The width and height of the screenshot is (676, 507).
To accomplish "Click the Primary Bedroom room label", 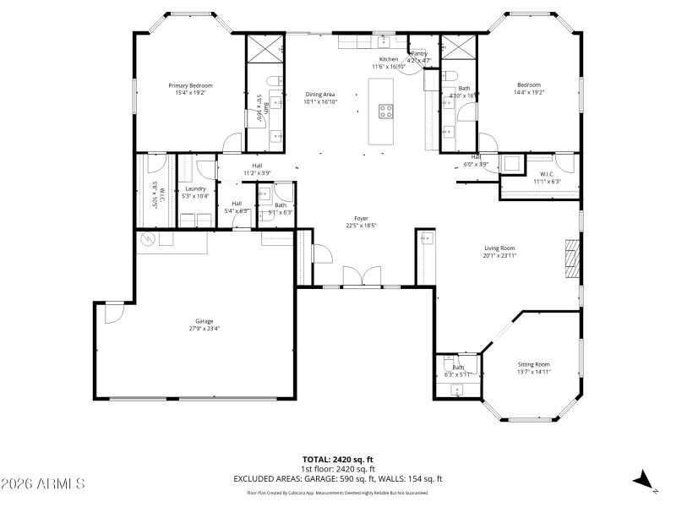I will click(190, 85).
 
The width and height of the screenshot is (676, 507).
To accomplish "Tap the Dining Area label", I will click(320, 94).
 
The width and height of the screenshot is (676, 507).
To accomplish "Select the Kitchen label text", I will click(388, 59).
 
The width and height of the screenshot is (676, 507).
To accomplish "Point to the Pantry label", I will click(419, 54).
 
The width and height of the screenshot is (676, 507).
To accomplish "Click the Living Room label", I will click(499, 248).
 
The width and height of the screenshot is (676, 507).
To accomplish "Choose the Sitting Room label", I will click(533, 364).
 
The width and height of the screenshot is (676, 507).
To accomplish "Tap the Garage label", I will click(204, 321).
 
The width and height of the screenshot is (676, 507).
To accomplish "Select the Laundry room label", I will click(196, 189).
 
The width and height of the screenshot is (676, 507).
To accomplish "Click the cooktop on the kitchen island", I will click(386, 108).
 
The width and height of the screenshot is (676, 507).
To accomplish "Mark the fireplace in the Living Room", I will click(574, 258).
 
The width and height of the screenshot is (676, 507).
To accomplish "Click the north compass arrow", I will click(643, 479).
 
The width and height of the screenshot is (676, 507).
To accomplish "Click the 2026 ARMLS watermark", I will click(43, 484).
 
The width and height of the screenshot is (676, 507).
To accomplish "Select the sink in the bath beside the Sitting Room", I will click(456, 390).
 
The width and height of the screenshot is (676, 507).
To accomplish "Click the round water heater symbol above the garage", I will click(148, 239).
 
